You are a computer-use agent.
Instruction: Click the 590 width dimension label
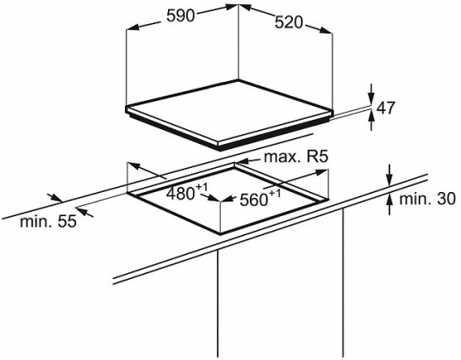point(180,16)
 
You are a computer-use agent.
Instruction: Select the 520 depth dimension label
point(289,22)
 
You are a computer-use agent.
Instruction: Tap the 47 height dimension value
point(385,108)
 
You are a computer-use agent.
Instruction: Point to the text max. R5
point(296,157)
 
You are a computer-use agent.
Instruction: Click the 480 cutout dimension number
point(180,194)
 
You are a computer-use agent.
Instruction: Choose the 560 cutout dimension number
point(253,201)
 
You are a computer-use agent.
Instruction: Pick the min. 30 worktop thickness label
point(427,199)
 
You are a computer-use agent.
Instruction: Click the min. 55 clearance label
point(48,221)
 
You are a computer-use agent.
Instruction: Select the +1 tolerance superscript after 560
point(275,194)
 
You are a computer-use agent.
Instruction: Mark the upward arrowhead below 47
point(371,117)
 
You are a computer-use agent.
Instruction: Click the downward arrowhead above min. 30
point(389,180)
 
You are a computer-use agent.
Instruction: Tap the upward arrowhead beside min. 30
point(389,200)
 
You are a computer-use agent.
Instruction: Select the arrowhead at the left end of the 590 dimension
point(132,28)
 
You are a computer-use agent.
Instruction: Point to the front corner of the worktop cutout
point(221,234)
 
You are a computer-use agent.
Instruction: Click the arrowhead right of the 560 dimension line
point(321,172)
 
